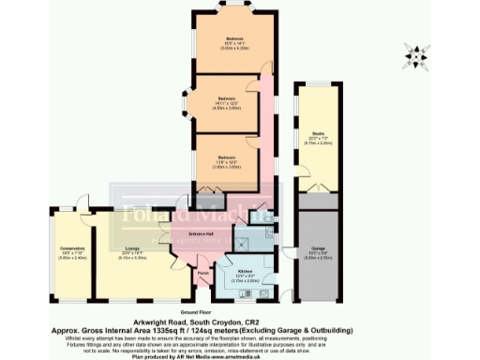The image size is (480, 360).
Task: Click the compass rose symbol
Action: (x=413, y=55)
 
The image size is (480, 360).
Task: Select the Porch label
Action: (x=202, y=275)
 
